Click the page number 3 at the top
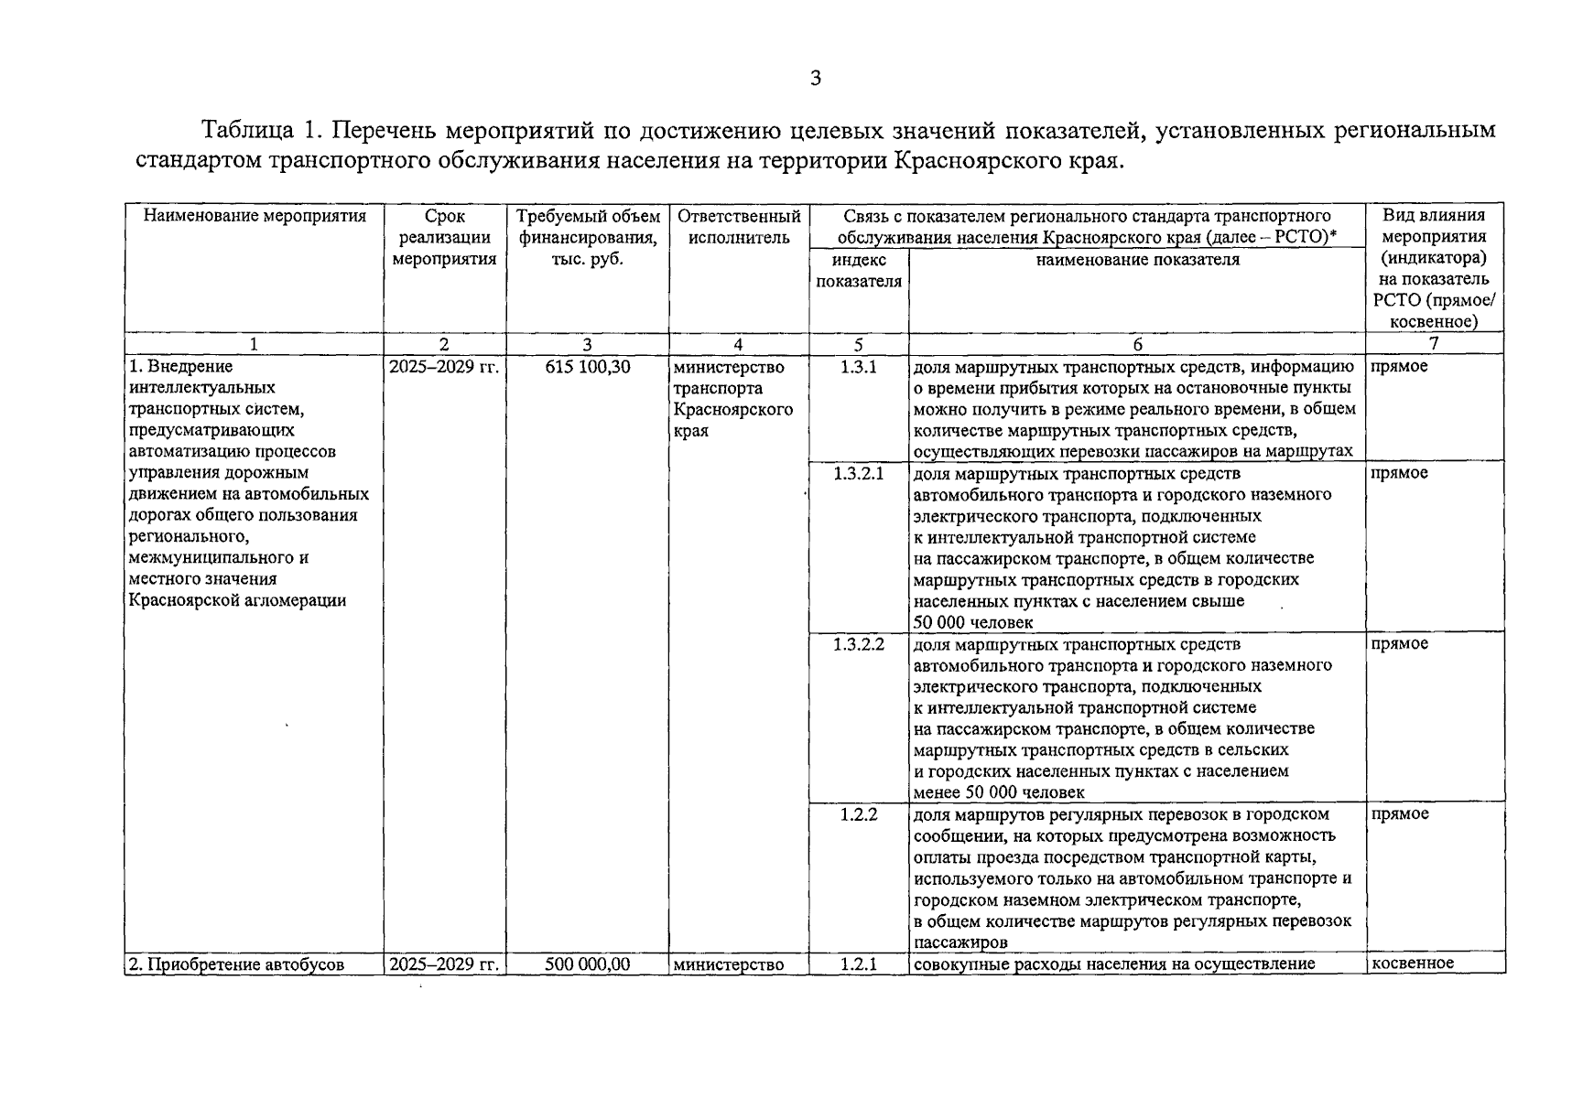[815, 79]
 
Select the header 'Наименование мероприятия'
[255, 217]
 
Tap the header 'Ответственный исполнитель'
[739, 227]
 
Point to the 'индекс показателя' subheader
[859, 271]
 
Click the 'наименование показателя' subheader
[1137, 260]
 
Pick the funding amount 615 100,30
[587, 368]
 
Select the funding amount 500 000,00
[587, 963]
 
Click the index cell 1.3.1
[859, 368]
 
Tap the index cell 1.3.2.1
[859, 474]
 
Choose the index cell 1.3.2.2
[859, 644]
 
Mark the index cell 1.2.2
[859, 814]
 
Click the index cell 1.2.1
[859, 963]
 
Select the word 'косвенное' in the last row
[1413, 963]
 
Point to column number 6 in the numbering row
[1137, 345]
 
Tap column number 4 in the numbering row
[738, 345]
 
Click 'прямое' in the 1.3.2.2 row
[1400, 644]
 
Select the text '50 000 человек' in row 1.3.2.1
[973, 623]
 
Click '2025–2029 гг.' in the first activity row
[444, 368]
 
